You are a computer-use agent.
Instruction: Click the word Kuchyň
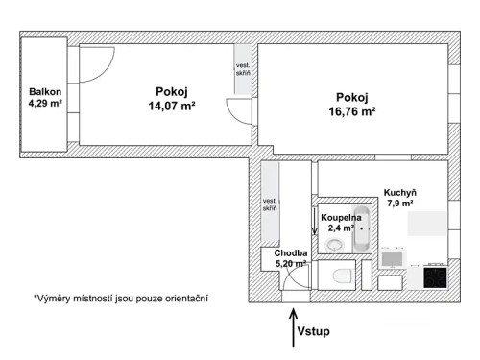(398, 191)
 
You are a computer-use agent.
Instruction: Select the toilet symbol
(337, 278)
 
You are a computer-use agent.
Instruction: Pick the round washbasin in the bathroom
(334, 245)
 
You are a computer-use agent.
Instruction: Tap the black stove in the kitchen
(434, 277)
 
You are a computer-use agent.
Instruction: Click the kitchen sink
(392, 257)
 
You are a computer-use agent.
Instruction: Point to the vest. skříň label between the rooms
(243, 71)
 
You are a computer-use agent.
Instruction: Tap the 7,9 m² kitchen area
(399, 204)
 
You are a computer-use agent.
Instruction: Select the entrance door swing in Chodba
(298, 278)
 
